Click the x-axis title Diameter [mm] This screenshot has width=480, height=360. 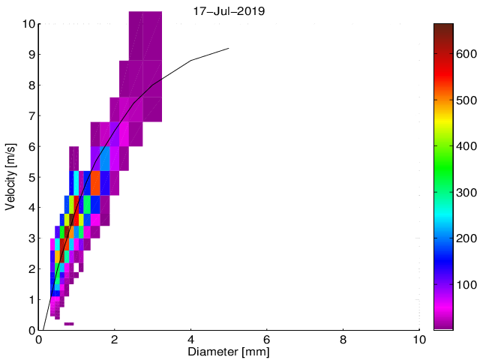pyautogui.click(x=229, y=351)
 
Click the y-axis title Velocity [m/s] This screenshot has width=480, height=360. pyautogui.click(x=11, y=176)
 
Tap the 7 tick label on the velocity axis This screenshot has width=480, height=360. pyautogui.click(x=31, y=116)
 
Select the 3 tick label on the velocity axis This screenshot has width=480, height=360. pyautogui.click(x=31, y=238)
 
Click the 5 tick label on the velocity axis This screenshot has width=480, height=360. pyautogui.click(x=31, y=178)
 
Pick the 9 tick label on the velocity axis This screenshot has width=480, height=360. pyautogui.click(x=31, y=55)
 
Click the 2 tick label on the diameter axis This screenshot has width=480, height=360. pyautogui.click(x=115, y=339)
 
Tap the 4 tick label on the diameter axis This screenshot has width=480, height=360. pyautogui.click(x=191, y=339)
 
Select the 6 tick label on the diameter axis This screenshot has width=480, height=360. pyautogui.click(x=267, y=339)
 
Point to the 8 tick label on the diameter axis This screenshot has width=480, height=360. pyautogui.click(x=343, y=339)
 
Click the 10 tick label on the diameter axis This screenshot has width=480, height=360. pyautogui.click(x=419, y=339)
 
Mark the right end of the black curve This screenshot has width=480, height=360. pyautogui.click(x=229, y=48)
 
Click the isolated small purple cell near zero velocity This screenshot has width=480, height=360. pyautogui.click(x=69, y=324)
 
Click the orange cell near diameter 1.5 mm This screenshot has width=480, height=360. pyautogui.click(x=95, y=182)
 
